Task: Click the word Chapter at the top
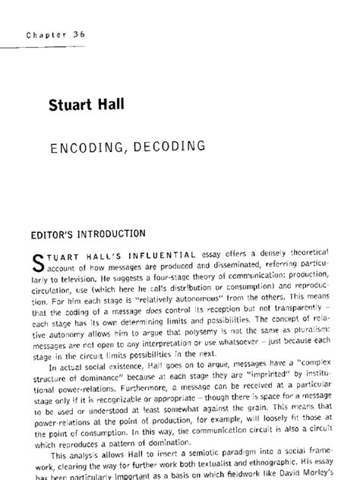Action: coord(47,34)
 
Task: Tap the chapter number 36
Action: coord(79,34)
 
